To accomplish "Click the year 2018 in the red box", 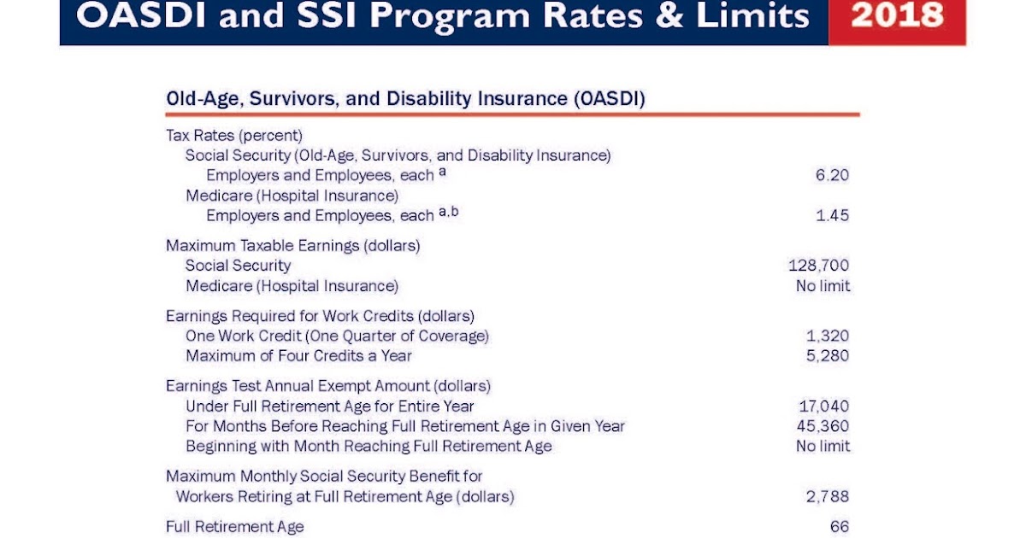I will (x=898, y=15).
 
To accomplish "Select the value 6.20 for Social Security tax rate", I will (x=832, y=175).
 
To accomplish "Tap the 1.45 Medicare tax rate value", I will (x=832, y=215).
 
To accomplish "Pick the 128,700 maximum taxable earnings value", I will (x=818, y=266).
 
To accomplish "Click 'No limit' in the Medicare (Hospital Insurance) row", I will (x=823, y=286).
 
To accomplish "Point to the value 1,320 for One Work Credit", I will (x=828, y=336).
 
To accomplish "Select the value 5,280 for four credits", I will (x=828, y=355).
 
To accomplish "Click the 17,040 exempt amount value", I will (x=823, y=406).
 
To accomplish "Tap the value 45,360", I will (x=823, y=425).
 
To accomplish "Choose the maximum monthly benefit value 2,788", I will (x=828, y=496).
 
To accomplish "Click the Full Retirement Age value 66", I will (x=839, y=527).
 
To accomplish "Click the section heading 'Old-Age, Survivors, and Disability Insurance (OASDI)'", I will (x=405, y=99).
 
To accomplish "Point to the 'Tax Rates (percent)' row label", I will (x=234, y=135).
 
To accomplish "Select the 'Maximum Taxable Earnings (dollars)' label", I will (x=292, y=245).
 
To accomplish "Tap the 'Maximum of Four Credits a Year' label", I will (x=298, y=355).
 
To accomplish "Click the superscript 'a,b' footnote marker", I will (x=449, y=212).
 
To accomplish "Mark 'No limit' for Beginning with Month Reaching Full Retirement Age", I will (x=823, y=446).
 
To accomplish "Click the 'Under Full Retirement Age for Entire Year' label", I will (x=329, y=406).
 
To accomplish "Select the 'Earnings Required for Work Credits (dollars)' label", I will (x=320, y=316).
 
